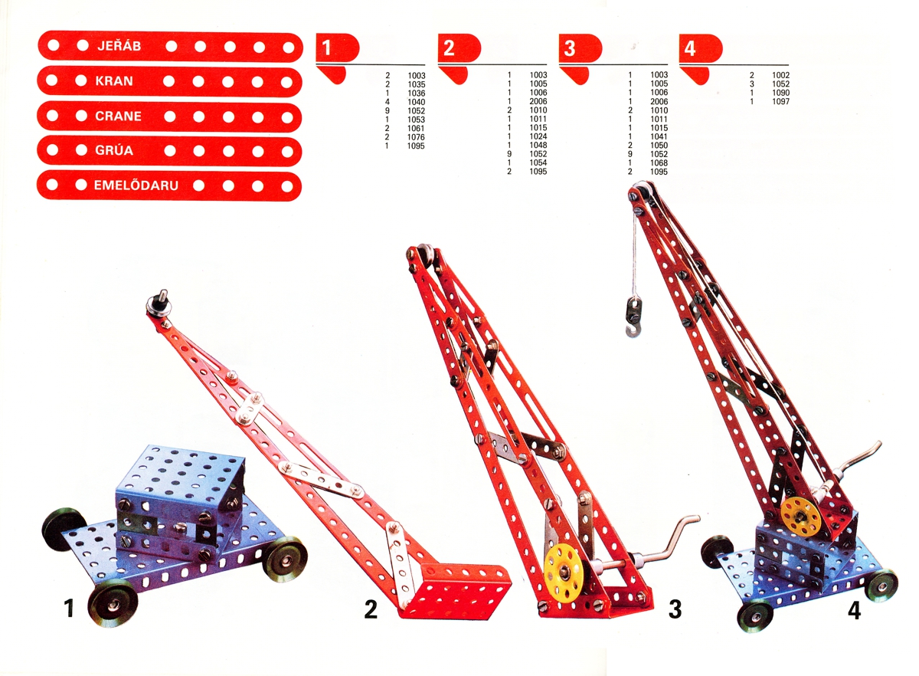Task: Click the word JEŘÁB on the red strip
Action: [x=119, y=45]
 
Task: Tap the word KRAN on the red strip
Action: [x=114, y=81]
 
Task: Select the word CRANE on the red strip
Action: [x=118, y=116]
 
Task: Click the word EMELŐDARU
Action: [x=136, y=185]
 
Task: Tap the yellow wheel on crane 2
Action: [x=564, y=570]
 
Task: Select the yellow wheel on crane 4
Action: [x=800, y=517]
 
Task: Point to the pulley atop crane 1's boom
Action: [x=159, y=304]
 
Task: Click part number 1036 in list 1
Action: [x=416, y=94]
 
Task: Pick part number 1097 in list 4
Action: [x=780, y=101]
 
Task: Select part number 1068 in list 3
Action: [x=659, y=163]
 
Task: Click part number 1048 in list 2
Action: [x=538, y=145]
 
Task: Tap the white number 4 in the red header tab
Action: [x=690, y=48]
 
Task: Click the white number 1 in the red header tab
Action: [x=326, y=48]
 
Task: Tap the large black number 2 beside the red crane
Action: [x=371, y=610]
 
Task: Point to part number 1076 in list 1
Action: [x=416, y=137]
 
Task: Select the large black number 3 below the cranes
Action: [x=675, y=609]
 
